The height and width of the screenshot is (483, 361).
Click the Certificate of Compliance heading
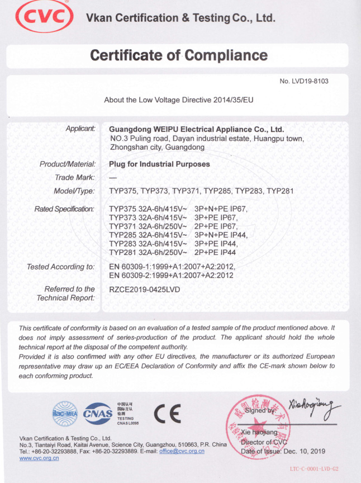click(179, 55)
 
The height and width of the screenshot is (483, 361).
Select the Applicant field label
click(80, 129)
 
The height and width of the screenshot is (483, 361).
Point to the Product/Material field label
click(68, 164)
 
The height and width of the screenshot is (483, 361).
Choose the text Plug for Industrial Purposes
click(159, 164)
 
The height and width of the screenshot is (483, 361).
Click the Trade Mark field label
click(75, 177)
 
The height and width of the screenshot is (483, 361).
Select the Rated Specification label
click(64, 209)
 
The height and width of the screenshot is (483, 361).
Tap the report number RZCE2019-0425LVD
click(145, 289)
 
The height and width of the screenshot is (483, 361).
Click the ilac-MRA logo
click(64, 414)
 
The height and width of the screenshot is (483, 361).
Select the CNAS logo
click(98, 414)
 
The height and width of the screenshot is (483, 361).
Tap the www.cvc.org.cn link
click(39, 458)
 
